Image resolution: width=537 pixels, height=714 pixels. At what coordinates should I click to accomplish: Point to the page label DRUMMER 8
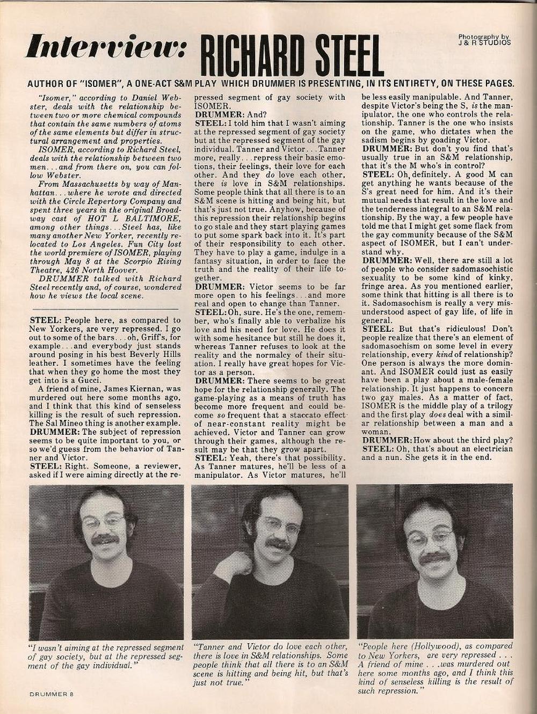[50, 693]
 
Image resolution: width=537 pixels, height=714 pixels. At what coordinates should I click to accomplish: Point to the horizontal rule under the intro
[104, 309]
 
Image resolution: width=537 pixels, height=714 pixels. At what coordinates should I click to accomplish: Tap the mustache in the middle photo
[279, 544]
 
